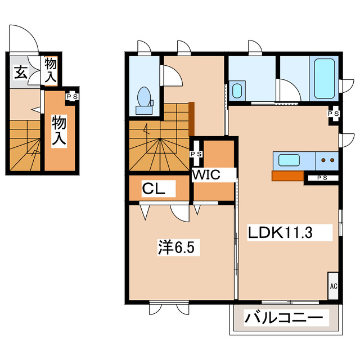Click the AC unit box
coord(333,286)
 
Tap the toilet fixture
coord(143,98)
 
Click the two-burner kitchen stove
coord(327,160)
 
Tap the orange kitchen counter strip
coord(287,175)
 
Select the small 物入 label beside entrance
coord(51,69)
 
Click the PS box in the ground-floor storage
coord(72,96)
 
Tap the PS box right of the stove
coord(321,178)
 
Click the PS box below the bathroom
coord(334,113)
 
